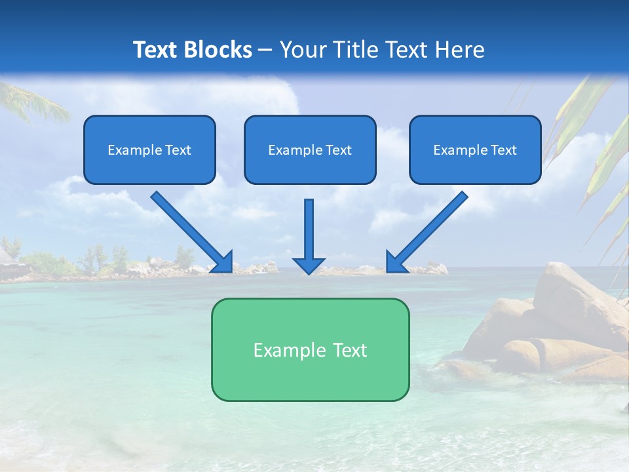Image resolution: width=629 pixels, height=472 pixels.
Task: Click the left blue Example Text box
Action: pyautogui.click(x=149, y=149)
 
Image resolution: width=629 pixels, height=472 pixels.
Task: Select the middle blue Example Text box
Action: pyautogui.click(x=310, y=149)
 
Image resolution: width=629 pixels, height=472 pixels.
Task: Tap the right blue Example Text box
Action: pyautogui.click(x=475, y=149)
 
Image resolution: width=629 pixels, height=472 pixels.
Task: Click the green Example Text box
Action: pyautogui.click(x=310, y=349)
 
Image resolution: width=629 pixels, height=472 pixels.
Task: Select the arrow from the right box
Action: pyautogui.click(x=429, y=229)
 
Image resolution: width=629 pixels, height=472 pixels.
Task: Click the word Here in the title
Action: pyautogui.click(x=459, y=50)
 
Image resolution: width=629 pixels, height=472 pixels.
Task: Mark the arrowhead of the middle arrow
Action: pyautogui.click(x=309, y=265)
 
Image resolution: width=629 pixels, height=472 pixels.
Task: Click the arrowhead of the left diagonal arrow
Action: pyautogui.click(x=223, y=262)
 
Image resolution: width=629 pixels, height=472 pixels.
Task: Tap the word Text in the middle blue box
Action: pyautogui.click(x=339, y=150)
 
